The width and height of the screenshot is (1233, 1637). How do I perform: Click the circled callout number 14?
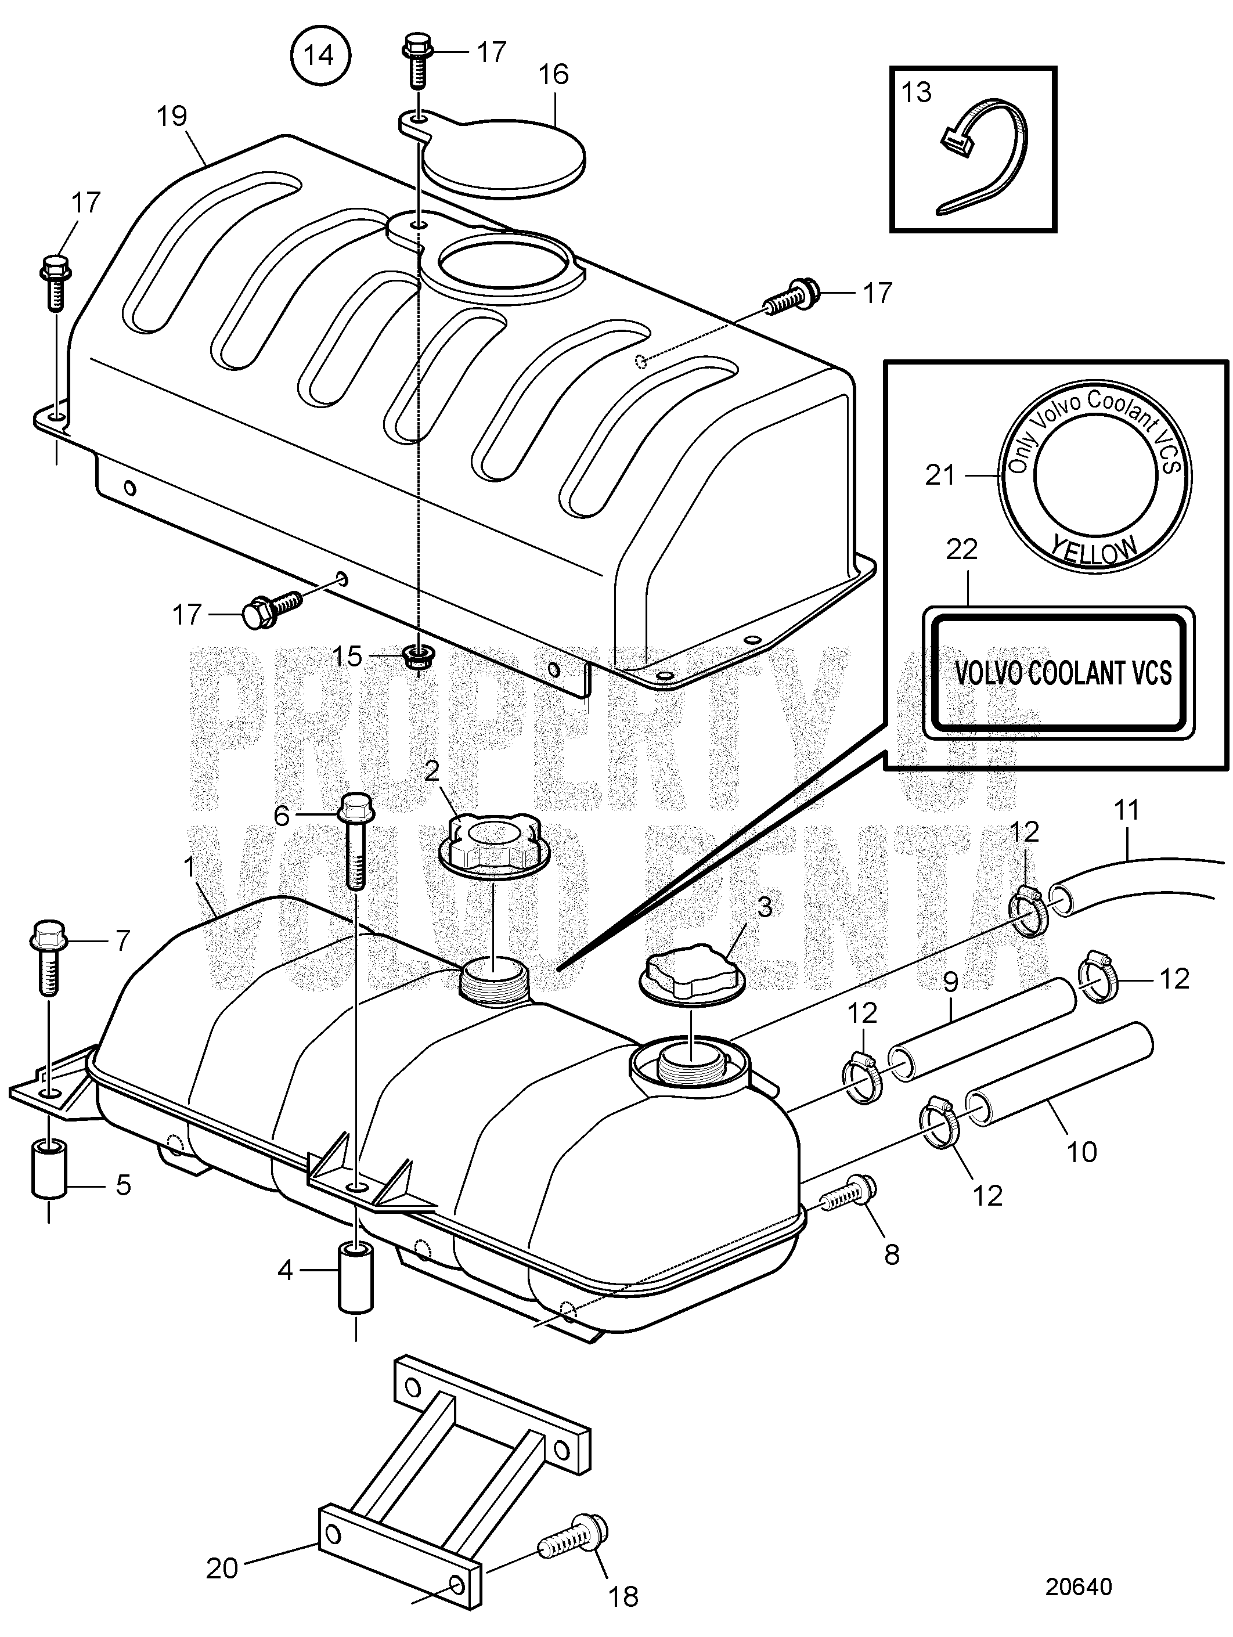click(x=319, y=56)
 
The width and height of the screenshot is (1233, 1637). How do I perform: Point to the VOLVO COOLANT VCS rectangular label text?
click(x=1063, y=673)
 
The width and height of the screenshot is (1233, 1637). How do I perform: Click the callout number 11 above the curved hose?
click(x=1126, y=810)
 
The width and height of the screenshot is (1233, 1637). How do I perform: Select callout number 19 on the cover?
click(x=172, y=116)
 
